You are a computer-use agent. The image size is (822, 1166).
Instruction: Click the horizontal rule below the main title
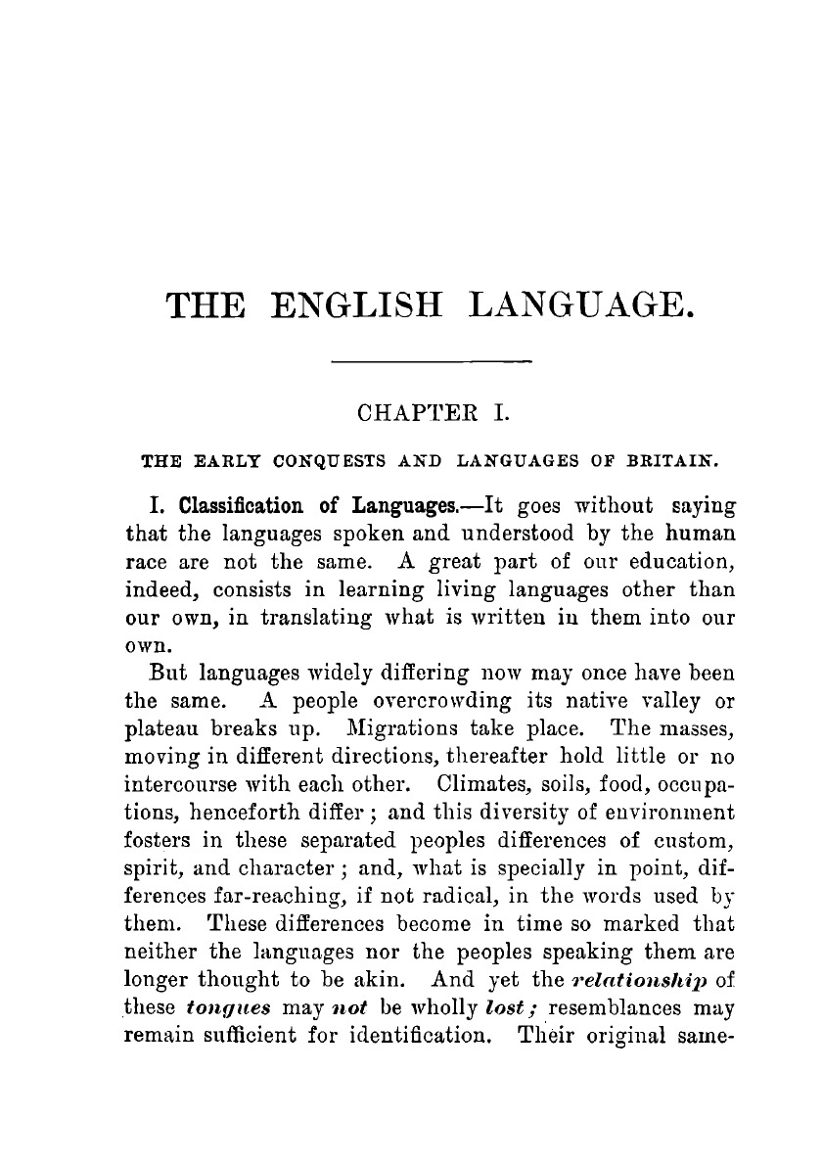click(432, 363)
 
